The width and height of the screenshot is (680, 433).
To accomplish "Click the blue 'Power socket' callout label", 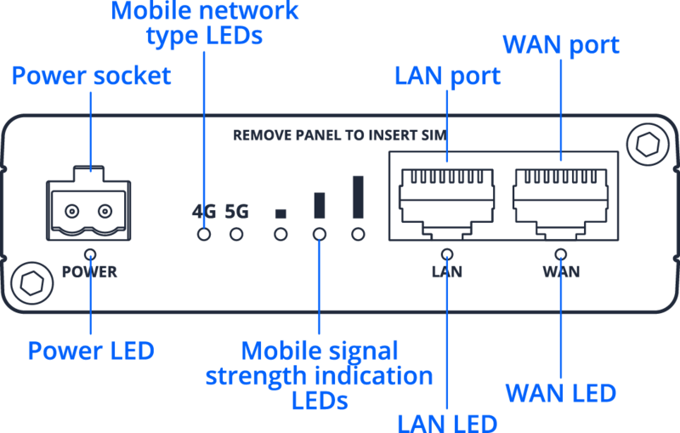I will [92, 75].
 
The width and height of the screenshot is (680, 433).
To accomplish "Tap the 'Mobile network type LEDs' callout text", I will [205, 24].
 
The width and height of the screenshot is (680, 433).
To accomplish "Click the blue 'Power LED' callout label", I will [91, 350].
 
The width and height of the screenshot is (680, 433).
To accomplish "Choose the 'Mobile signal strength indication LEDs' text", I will [319, 375].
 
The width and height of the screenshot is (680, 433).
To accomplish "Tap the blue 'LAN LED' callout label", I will [446, 421].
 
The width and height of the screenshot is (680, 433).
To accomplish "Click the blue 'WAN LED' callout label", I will [560, 393].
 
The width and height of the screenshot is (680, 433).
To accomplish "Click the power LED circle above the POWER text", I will [89, 253].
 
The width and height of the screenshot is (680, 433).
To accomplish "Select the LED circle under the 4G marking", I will [204, 233].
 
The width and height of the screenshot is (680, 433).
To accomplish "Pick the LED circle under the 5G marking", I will [237, 233].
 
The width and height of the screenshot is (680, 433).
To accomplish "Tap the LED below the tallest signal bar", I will [358, 233].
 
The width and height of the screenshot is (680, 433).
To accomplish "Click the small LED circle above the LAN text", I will [447, 253].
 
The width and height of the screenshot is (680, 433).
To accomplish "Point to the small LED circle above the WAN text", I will [561, 253].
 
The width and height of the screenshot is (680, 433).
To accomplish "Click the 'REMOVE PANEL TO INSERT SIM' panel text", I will [340, 135].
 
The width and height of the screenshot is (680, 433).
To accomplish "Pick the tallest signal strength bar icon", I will [358, 197].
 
